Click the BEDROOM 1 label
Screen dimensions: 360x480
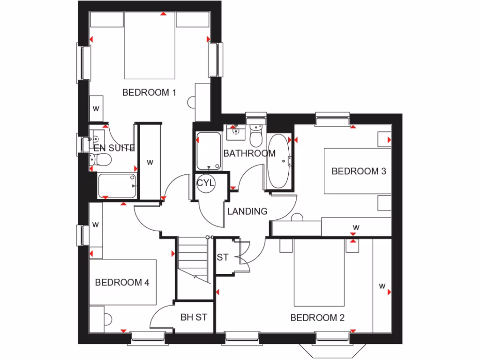coord(149,92)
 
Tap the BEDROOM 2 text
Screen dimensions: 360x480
coord(317,318)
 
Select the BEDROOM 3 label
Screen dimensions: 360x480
coord(359,171)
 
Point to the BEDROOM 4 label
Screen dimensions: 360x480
coord(122,282)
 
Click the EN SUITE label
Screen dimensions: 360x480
coord(114,148)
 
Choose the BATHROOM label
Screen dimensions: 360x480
coord(249,153)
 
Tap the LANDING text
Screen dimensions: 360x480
coord(247,211)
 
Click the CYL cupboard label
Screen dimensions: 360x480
coord(205,183)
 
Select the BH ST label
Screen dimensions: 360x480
coord(194,317)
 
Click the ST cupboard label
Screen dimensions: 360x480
coord(223,257)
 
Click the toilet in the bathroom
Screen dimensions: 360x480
coord(256,136)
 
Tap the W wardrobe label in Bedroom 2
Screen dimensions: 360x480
coord(382,286)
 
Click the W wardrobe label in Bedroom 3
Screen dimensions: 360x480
coord(356,228)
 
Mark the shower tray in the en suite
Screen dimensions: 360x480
coord(117,186)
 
